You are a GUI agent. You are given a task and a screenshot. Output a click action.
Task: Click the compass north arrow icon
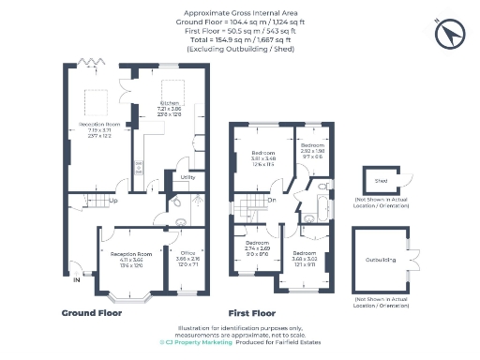pos(451,35)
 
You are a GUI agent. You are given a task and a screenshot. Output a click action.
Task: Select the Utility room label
pos(187,176)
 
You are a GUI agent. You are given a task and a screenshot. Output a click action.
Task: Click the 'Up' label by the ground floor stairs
pos(112,200)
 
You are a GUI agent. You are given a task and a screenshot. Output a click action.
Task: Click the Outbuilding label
pos(381,262)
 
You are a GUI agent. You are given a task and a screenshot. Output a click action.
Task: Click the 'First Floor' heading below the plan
pos(252,312)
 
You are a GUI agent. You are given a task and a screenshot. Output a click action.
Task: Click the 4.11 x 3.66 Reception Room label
pos(131,254)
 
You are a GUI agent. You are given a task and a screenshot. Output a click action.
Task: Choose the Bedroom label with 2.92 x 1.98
pos(312,146)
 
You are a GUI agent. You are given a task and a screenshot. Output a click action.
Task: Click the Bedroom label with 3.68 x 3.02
pos(304,253)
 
